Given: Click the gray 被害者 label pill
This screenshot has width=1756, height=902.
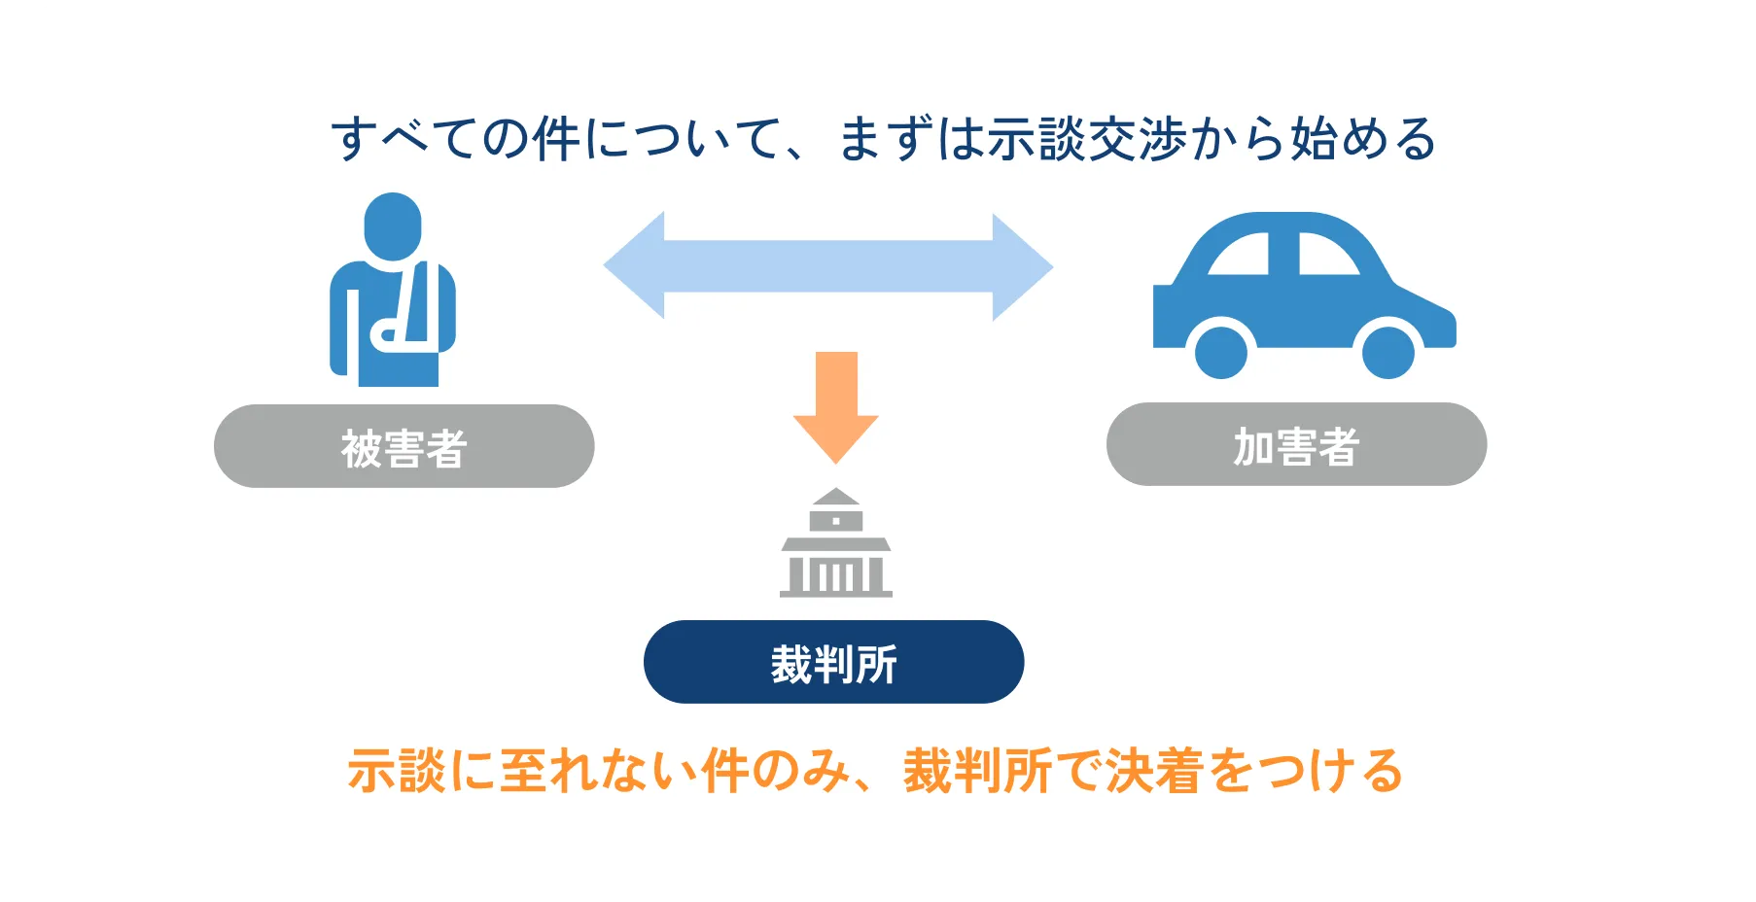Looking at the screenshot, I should coord(404,446).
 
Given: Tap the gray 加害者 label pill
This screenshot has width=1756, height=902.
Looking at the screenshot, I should coord(1296,444).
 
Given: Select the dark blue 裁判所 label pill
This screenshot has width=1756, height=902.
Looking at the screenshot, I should coord(833,662).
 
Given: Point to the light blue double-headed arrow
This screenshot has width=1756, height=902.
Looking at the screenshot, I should coord(828,266).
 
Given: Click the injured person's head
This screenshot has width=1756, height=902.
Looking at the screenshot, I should coord(393,226).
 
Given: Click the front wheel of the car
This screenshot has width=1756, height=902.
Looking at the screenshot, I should coord(1387,351).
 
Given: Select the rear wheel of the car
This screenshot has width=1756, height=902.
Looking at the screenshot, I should coord(1220,351).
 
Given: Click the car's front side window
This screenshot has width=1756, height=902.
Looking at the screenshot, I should coord(1325,255).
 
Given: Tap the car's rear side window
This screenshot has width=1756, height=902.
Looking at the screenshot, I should coord(1242,256).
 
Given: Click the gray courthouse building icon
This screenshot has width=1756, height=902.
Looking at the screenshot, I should coord(836,544).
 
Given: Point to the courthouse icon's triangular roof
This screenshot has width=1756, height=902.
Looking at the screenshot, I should coord(836,497).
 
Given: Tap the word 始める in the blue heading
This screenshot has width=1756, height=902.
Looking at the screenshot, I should coord(1363,139).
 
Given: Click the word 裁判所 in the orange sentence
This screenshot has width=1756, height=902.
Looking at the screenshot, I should coord(978,772).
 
